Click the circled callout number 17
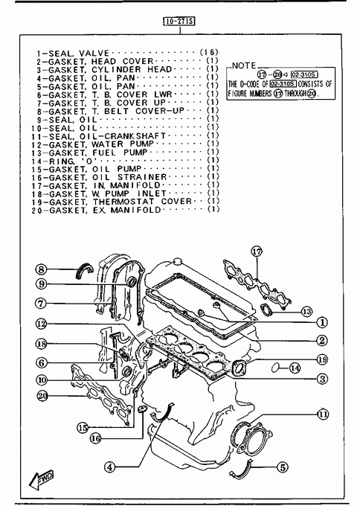(257, 252)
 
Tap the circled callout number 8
(42, 269)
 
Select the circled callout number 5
(282, 467)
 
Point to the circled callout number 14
(295, 368)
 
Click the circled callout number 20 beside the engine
(42, 395)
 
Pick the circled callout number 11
(323, 414)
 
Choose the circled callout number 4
(109, 467)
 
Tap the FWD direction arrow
(42, 480)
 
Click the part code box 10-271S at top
(179, 22)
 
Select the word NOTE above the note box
(244, 65)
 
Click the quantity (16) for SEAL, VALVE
(209, 52)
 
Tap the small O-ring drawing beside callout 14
(275, 367)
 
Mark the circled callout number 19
(322, 359)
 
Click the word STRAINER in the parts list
(142, 177)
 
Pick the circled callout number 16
(95, 438)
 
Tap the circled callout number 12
(42, 324)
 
